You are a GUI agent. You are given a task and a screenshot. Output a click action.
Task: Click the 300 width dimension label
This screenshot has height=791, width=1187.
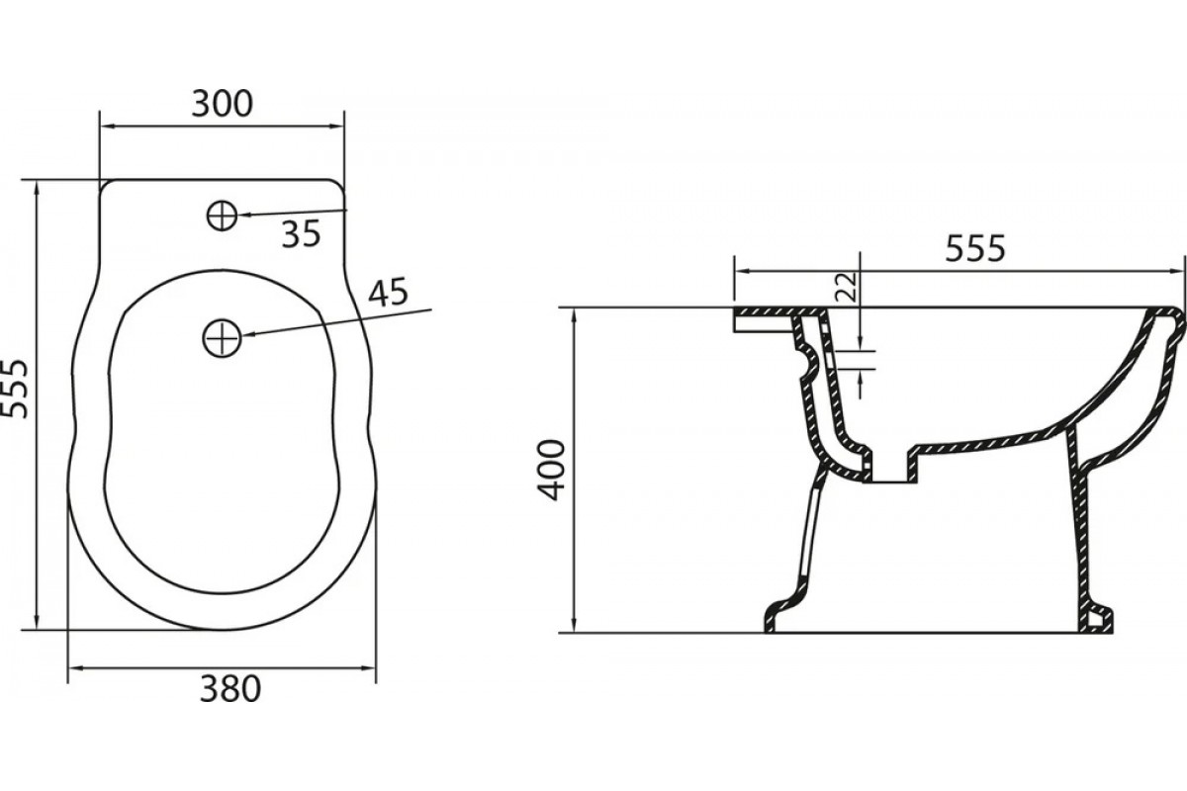pos(222,105)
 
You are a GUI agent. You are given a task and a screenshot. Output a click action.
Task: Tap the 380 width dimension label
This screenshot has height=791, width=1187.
pos(229,689)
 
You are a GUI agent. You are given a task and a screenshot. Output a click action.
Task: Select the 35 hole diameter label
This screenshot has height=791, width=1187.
pos(301,234)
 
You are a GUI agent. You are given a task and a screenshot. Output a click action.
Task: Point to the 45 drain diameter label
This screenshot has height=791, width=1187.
pos(389,293)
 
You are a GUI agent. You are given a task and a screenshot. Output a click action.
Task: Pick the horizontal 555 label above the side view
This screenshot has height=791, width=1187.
pos(975,248)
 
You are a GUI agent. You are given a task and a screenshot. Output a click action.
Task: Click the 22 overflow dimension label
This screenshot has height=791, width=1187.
pos(847,287)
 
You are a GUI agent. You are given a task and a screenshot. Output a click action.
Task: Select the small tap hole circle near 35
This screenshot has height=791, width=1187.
pos(222,217)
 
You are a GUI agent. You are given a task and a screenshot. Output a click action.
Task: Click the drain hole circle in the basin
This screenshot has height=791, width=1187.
pos(222,337)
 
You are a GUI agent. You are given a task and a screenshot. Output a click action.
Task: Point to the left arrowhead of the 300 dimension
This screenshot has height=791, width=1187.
pos(107,127)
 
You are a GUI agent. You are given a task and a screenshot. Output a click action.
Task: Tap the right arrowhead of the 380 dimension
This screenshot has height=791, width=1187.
pos(368,668)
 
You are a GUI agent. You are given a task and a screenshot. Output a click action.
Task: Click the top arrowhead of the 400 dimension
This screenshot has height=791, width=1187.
pos(574,314)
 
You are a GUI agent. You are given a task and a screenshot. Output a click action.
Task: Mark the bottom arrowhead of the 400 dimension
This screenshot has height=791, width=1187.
pos(574,625)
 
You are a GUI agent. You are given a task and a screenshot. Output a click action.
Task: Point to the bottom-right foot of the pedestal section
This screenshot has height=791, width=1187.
pos(1097,623)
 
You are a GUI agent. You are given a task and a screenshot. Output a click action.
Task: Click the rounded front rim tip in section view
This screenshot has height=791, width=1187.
pos(1176,319)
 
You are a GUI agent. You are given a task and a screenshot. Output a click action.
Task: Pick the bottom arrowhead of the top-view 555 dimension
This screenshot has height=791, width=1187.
pos(37,623)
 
